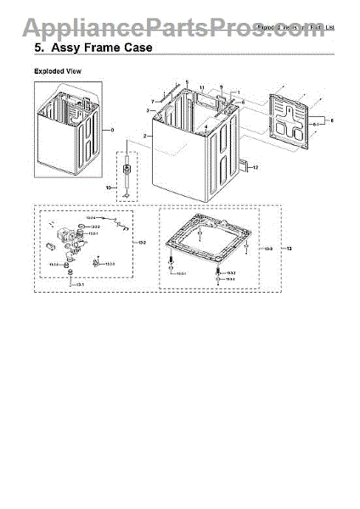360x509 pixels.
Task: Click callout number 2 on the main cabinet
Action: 145,136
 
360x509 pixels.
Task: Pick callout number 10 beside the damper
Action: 110,186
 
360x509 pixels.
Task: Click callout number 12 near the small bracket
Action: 254,168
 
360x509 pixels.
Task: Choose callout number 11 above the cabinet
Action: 201,88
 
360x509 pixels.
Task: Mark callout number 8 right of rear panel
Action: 331,121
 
